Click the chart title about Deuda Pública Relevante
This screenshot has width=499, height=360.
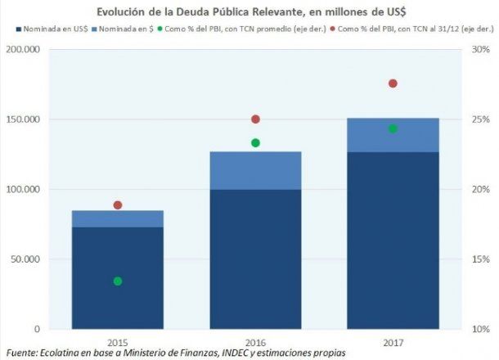(x=249, y=11)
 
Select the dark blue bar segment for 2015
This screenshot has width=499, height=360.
(x=117, y=278)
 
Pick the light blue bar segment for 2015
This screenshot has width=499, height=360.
(x=117, y=218)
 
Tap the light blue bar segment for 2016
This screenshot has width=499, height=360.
(x=254, y=170)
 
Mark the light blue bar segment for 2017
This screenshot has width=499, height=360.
(x=392, y=135)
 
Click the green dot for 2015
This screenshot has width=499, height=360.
(x=117, y=281)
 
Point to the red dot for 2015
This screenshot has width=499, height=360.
(x=117, y=205)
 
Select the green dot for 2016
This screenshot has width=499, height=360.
(x=254, y=142)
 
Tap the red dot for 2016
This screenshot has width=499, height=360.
(x=254, y=119)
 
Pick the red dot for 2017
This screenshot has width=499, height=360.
(x=392, y=83)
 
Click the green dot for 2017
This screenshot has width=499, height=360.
(x=392, y=128)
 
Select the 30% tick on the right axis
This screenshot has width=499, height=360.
(x=479, y=49)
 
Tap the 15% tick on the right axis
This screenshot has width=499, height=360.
(x=479, y=259)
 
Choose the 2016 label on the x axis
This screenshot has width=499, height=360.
(x=254, y=341)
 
